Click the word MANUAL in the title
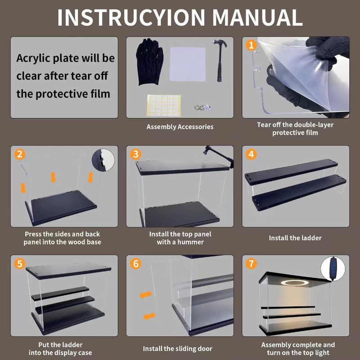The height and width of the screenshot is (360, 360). tap(257, 18)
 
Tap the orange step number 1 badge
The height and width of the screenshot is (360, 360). tap(251, 45)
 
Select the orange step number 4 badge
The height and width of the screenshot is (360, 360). tap(251, 154)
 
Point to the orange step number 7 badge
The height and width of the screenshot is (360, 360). tap(251, 264)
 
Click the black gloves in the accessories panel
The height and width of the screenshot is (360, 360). tap(150, 62)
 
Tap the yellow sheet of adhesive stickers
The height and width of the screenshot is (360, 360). tap(164, 106)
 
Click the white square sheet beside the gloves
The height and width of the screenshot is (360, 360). tap(187, 64)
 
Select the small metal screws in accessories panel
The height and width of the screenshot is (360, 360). tap(202, 108)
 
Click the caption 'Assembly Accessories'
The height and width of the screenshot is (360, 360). tap(180, 127)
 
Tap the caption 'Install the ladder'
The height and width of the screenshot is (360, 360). tap(295, 238)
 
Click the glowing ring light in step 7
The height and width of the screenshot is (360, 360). tap(296, 283)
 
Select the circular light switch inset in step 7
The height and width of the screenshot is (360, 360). tap(333, 269)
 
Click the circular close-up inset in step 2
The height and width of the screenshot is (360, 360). tap(103, 160)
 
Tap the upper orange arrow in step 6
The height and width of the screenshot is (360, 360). tap(145, 295)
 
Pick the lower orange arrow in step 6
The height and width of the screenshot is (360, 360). tap(149, 316)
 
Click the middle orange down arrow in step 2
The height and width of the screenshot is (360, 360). tap(53, 178)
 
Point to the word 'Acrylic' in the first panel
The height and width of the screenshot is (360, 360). tap(33, 58)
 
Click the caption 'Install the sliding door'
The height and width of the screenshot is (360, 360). tap(177, 349)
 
